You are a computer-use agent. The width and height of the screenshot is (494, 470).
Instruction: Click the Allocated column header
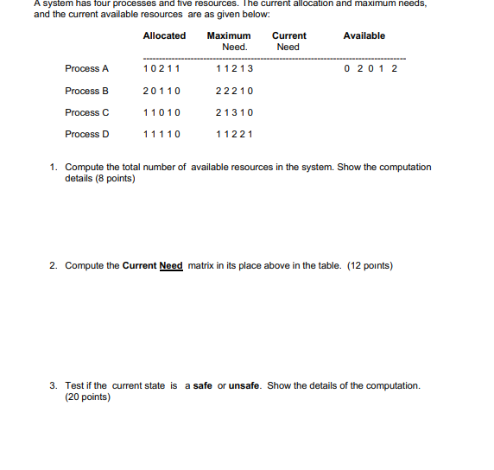point(164,35)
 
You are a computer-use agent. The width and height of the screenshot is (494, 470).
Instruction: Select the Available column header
point(364,35)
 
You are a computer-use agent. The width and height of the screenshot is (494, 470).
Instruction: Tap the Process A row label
point(87,68)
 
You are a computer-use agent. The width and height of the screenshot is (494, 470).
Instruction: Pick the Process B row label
point(87,91)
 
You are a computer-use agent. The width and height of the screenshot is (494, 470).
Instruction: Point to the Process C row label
point(87,112)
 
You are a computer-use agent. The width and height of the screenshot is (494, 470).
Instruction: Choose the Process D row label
point(87,134)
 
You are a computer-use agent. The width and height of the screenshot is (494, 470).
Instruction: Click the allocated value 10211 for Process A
point(161,68)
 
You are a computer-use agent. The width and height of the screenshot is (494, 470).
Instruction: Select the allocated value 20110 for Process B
point(161,91)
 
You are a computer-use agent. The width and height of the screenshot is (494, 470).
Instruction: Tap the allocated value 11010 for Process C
point(161,112)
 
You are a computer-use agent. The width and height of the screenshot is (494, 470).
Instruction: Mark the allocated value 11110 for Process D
point(161,134)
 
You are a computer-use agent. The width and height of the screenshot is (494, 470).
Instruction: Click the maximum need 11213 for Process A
point(234,68)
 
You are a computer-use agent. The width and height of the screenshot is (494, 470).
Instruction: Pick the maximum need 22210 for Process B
point(234,91)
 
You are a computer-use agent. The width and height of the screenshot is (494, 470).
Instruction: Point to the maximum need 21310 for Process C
point(234,112)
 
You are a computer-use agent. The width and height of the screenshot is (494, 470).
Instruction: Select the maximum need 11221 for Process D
point(234,134)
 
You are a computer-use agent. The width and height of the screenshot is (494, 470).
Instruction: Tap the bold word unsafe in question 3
point(245,385)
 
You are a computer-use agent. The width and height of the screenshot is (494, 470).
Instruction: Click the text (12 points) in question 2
point(370,265)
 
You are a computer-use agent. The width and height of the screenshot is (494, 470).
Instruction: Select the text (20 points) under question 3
point(87,397)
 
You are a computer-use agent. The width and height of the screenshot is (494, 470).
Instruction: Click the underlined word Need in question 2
point(171,265)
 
